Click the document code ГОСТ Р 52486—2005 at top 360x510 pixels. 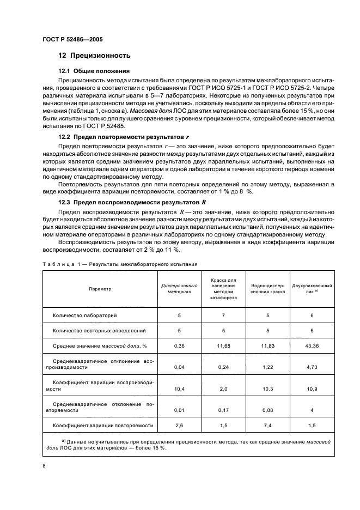click(72, 39)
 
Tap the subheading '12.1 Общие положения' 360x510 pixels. click(94, 71)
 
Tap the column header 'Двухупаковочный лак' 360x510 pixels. click(312, 289)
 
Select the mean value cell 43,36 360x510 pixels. click(312, 345)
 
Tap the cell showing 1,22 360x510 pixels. click(267, 367)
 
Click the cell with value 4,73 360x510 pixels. click(312, 367)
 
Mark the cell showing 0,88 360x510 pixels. click(267, 410)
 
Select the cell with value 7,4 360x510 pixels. click(267, 426)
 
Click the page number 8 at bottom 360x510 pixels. click(44, 466)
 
